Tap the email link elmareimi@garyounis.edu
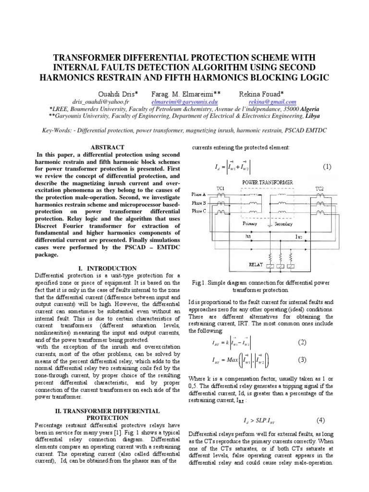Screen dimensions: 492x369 click(184, 102)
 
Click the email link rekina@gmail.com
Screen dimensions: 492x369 click(272, 102)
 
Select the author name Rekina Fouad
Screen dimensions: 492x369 click(261, 93)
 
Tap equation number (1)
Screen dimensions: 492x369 click(327, 167)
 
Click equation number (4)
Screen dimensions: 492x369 click(320, 420)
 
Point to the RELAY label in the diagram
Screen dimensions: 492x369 click(256, 264)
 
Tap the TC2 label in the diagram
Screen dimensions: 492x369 click(320, 189)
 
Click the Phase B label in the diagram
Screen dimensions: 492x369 click(198, 202)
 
